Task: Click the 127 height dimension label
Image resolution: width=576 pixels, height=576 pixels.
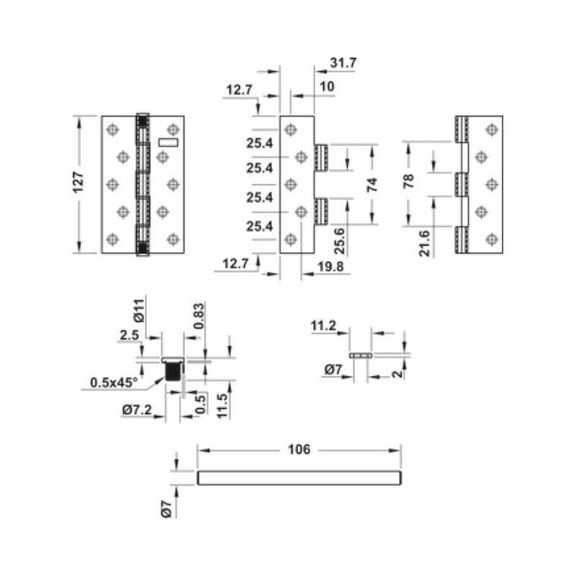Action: point(80,184)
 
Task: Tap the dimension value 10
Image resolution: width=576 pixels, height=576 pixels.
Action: point(326,86)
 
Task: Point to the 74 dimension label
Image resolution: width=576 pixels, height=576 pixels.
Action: point(372,184)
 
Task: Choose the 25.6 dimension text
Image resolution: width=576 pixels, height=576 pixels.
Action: point(339,240)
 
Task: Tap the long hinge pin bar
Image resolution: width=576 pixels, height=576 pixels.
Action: point(298,478)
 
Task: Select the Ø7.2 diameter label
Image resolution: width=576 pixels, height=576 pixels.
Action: point(136,410)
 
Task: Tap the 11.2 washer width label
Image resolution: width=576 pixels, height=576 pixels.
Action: point(323,326)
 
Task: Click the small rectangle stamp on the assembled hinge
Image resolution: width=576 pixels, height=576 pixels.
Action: point(167,143)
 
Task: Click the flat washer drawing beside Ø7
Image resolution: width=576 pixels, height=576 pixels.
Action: point(361,356)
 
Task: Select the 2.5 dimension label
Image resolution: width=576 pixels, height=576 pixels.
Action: point(130,336)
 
